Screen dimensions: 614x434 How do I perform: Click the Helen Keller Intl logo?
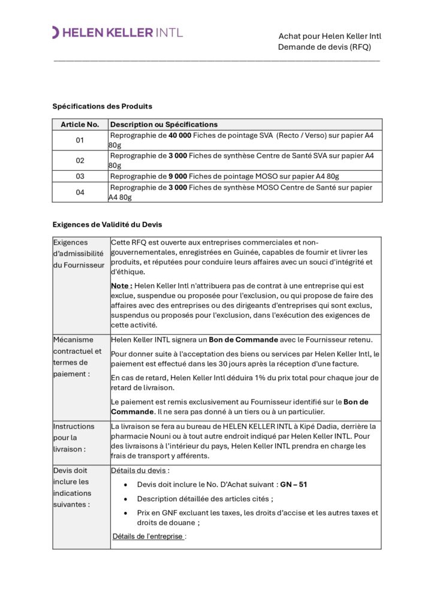pos(117,32)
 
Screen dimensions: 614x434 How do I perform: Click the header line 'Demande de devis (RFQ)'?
pos(324,47)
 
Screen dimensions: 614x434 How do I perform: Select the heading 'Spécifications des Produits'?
pos(102,106)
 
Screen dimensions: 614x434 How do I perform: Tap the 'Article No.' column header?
pos(80,124)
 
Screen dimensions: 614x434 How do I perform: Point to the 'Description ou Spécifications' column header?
pos(164,124)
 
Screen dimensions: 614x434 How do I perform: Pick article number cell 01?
pos(80,140)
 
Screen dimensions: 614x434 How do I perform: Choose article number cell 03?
pos(80,176)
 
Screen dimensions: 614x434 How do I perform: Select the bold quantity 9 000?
pos(177,176)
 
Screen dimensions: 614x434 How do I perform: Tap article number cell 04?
pos(80,192)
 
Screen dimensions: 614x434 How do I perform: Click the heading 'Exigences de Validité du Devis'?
pos(107,224)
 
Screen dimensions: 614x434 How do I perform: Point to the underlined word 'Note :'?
pos(121,286)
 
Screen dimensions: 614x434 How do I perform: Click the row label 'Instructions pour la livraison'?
pos(74,437)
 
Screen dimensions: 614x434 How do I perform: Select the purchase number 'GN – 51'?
pos(294,484)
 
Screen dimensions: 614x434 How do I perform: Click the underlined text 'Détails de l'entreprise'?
pos(149,536)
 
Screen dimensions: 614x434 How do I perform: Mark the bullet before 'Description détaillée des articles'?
pos(124,499)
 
